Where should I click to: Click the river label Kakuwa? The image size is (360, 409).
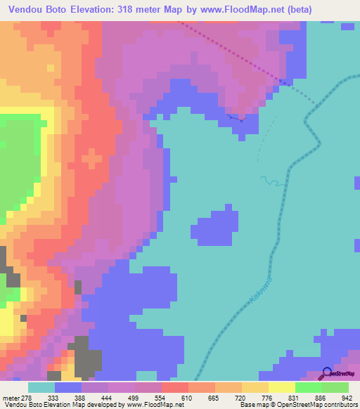click(x=259, y=290)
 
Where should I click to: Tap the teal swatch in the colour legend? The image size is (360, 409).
click(x=41, y=387)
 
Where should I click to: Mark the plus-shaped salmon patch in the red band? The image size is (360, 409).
click(x=91, y=159)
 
